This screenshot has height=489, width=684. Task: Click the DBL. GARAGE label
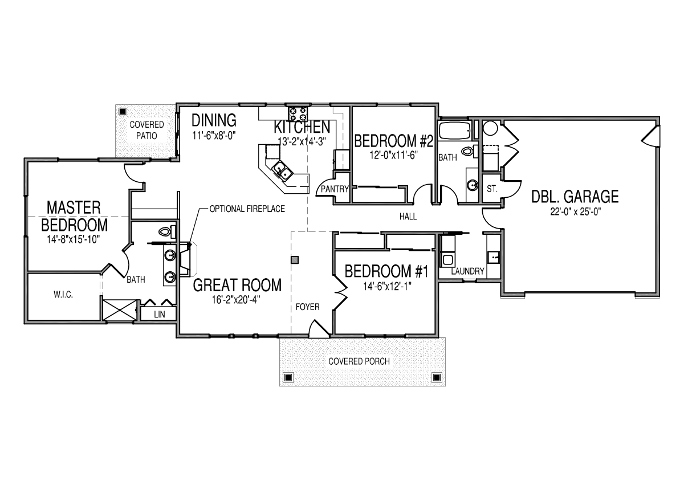575,197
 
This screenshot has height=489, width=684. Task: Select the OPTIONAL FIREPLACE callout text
247,209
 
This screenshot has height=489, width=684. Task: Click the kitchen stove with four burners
298,112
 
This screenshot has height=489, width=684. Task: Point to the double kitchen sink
282,170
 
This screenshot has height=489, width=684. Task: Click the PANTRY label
335,189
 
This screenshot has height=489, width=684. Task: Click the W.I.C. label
63,295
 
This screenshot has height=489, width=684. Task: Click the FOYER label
307,307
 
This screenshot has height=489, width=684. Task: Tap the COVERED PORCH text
363,361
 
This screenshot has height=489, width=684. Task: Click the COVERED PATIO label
146,130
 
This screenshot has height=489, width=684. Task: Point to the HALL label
408,217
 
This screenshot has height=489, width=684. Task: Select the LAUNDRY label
467,271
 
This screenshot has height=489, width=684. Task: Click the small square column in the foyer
295,260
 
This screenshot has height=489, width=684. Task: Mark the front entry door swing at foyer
315,328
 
